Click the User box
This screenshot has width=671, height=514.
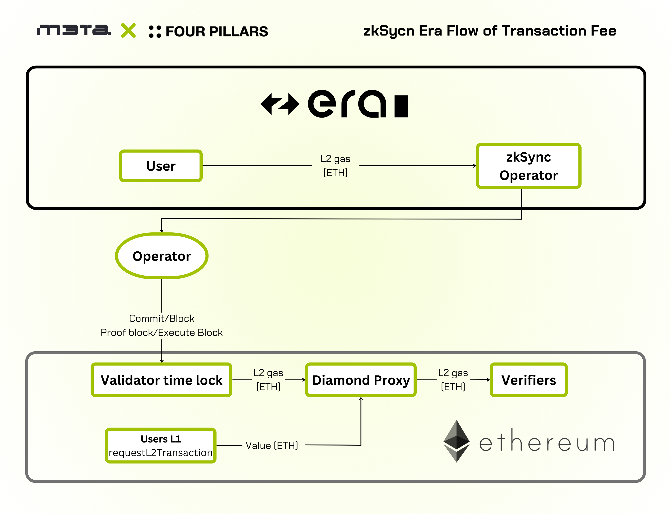click(161, 166)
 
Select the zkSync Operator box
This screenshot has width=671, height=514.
click(528, 166)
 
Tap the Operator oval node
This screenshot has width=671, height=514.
click(162, 256)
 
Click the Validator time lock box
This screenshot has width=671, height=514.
click(161, 380)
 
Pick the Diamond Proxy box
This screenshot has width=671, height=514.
click(361, 380)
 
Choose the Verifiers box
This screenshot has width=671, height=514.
click(528, 380)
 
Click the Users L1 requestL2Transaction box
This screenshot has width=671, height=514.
click(161, 445)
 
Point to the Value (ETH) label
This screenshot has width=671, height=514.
click(272, 445)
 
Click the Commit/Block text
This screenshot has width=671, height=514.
click(162, 318)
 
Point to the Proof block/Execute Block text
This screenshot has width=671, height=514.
click(162, 333)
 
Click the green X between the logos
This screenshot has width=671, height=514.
click(128, 31)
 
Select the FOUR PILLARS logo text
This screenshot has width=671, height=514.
click(217, 32)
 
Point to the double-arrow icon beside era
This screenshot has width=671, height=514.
click(280, 104)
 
